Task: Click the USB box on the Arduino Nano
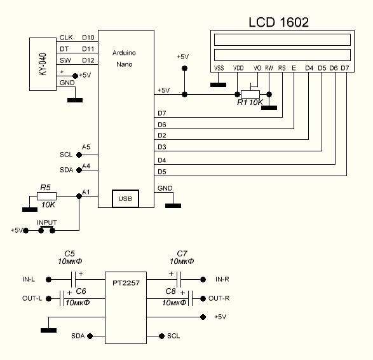125,198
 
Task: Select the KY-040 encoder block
43,64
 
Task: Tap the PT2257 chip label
126,283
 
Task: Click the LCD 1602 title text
278,22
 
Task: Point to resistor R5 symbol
46,196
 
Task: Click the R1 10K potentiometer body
250,94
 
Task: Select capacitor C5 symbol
73,279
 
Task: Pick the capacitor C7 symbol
179,279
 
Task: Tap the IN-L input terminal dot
48,279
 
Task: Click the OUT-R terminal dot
203,298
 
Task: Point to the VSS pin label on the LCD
219,68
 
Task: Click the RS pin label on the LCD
282,68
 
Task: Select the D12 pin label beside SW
88,60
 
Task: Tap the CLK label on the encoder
66,38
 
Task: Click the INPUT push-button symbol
46,230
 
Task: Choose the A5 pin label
86,147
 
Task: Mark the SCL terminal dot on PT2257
162,336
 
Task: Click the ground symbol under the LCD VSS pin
218,85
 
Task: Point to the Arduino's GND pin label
165,188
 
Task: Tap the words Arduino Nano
124,59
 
